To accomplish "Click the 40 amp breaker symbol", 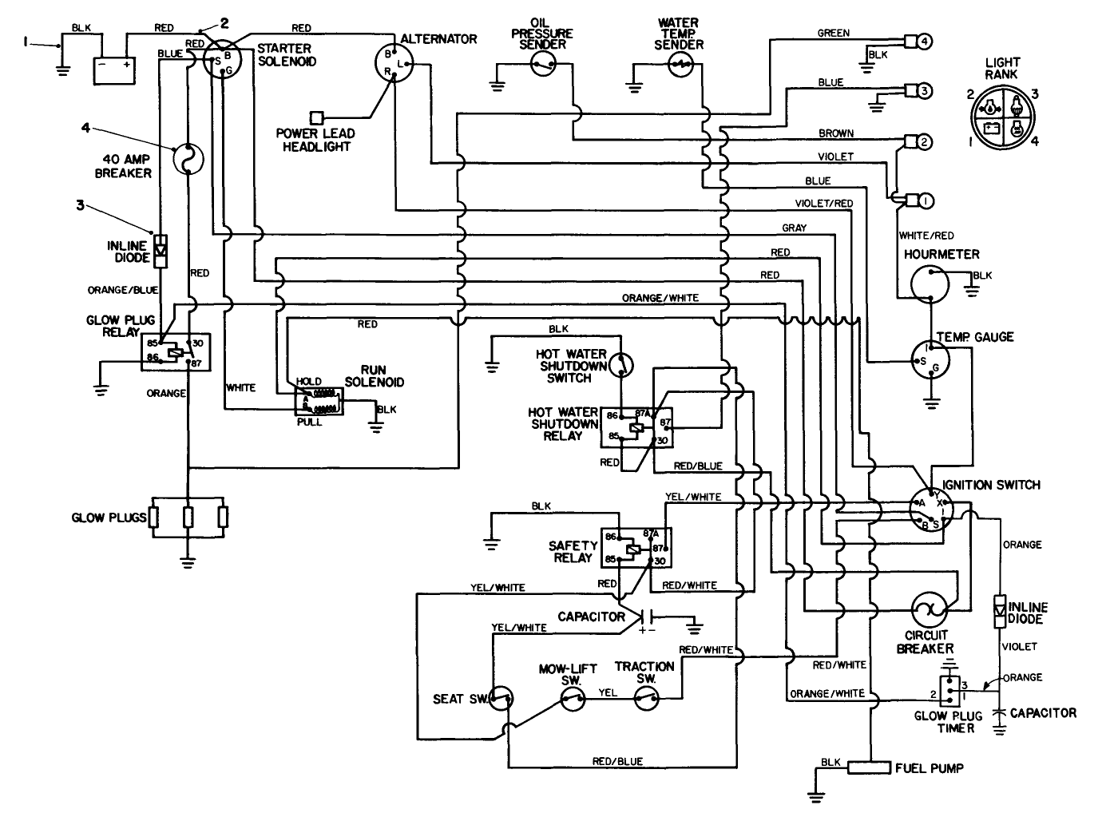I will (x=188, y=157).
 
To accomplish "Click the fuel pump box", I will (x=869, y=767).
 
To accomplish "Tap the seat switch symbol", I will (x=501, y=700).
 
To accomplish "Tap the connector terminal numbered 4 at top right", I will (x=923, y=41).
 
